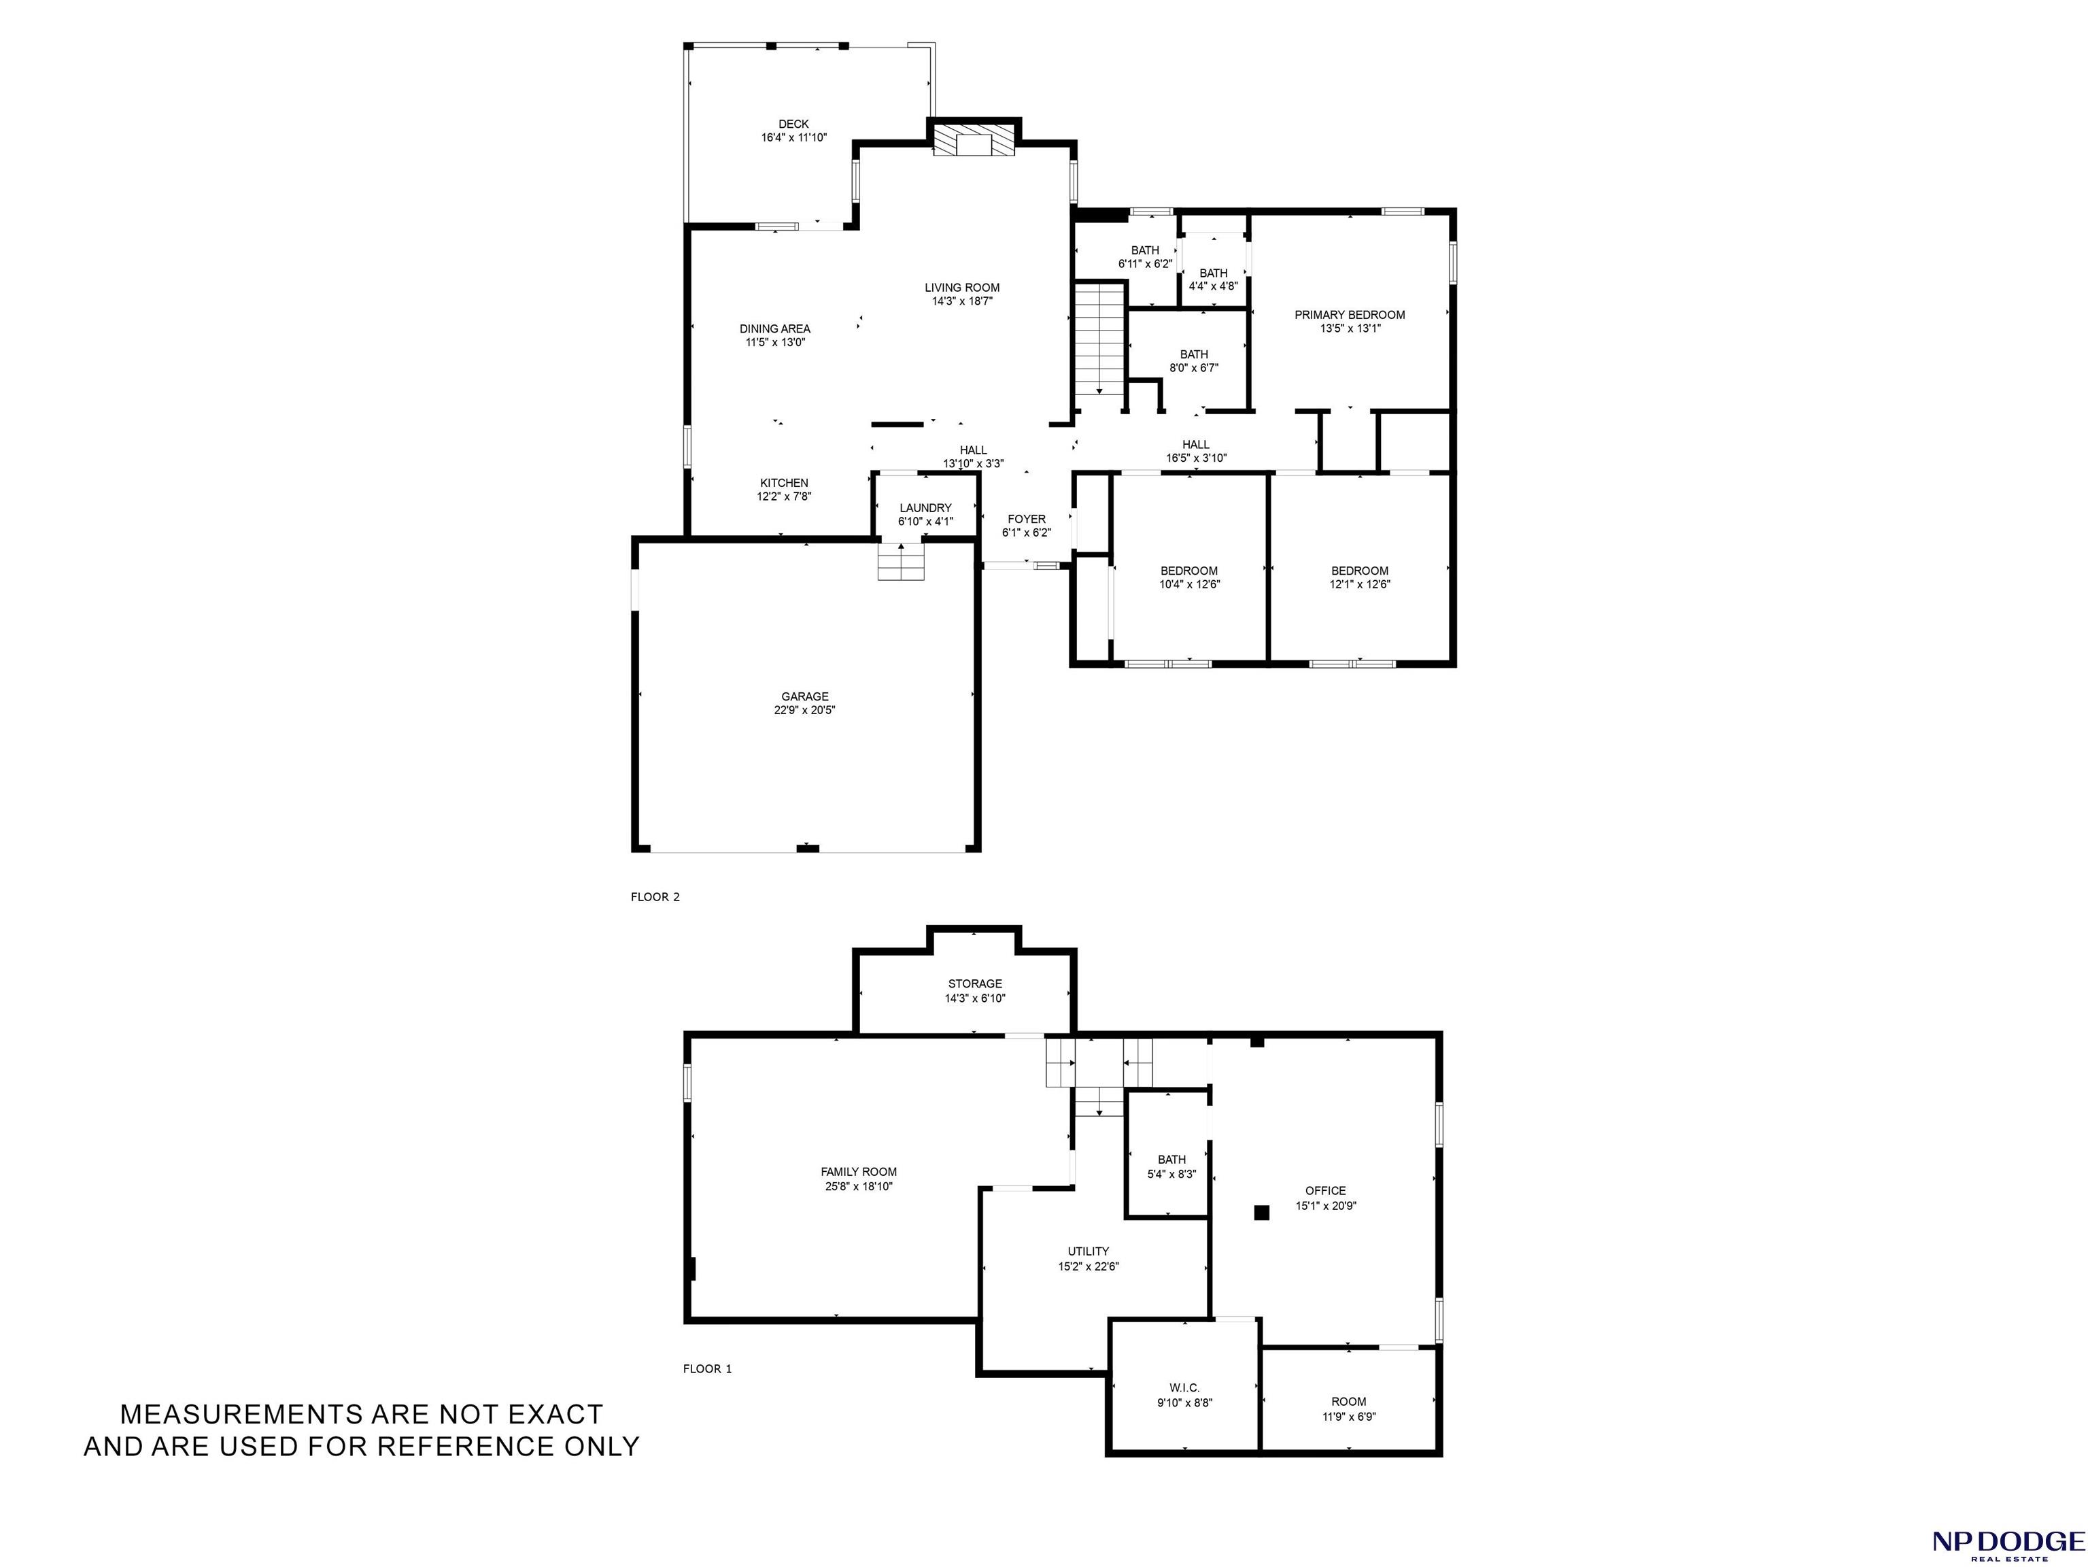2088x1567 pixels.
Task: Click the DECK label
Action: pos(794,124)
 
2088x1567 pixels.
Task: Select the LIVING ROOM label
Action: pos(962,288)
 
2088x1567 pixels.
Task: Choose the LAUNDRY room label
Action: pos(925,508)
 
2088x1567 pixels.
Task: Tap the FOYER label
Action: pos(1026,519)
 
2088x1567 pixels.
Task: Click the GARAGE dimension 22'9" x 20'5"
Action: pos(804,710)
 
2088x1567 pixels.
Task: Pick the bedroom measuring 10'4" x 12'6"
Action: pos(1189,577)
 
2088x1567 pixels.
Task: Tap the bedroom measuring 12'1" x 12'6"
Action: pos(1360,577)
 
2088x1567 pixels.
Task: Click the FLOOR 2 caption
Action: pos(655,897)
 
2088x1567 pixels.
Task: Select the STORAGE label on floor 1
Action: pos(975,983)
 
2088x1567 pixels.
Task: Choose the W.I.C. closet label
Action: pos(1184,1387)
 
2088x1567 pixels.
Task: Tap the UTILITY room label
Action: pos(1089,1251)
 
